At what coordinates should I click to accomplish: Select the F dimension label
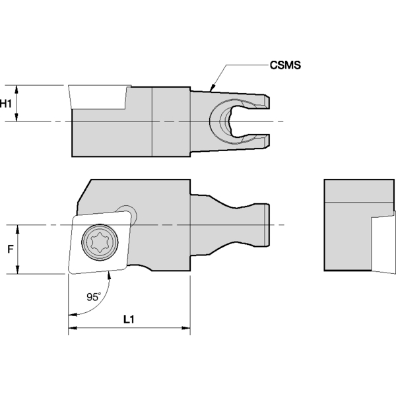coord(9,249)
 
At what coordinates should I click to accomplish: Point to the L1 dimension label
coord(129,319)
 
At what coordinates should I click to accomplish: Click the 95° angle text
coord(94,297)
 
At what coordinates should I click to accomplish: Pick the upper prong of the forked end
coord(261,100)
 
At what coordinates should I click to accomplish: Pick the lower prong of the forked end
coord(261,141)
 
